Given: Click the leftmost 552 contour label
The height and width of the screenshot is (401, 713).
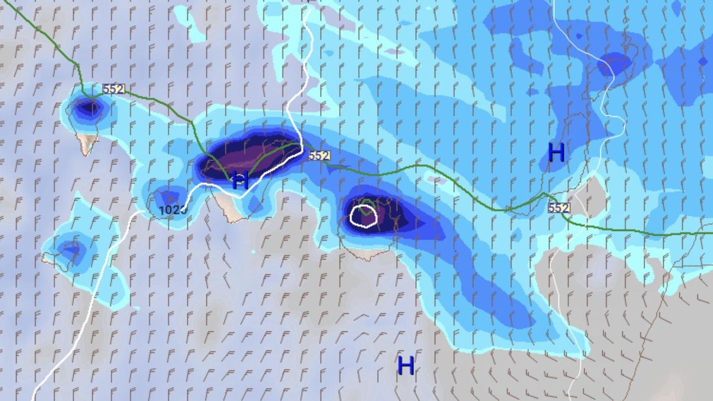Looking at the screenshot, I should point(113,89).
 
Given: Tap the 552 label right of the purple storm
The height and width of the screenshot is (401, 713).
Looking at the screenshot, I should point(319,156).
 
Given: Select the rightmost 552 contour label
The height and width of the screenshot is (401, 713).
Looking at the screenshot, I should point(559,208).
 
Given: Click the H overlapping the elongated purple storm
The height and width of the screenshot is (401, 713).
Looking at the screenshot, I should point(240,179).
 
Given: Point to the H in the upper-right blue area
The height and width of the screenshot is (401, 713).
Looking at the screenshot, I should point(556,153).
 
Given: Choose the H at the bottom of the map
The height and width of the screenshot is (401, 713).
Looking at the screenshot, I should point(406,365).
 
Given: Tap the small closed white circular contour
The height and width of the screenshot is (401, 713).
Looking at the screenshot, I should point(363,216).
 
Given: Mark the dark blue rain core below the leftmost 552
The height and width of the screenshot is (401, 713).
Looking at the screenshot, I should point(89,109).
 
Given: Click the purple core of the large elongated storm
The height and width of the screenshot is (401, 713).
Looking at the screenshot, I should point(253,156).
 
